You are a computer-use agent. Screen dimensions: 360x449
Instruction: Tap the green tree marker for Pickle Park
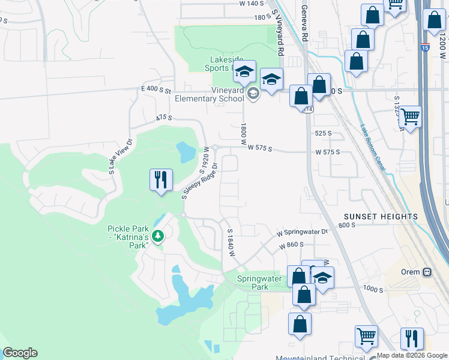(x=158, y=236)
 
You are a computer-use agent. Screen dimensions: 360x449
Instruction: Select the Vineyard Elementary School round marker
(x=253, y=92)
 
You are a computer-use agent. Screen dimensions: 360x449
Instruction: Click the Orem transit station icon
(x=427, y=271)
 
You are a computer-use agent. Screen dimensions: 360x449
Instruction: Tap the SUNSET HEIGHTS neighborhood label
(x=381, y=216)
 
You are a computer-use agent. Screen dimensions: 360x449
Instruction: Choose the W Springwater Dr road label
(x=303, y=232)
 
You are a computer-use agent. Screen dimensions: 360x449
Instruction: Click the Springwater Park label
(x=252, y=283)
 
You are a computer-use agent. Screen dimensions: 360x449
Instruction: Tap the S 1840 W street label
(x=229, y=242)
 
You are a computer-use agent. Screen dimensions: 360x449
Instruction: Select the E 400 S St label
(x=157, y=89)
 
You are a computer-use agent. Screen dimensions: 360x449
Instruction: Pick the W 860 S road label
(x=291, y=245)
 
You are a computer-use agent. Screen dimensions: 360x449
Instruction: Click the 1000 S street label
(x=373, y=290)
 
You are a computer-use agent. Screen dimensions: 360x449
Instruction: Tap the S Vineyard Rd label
(x=278, y=33)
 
